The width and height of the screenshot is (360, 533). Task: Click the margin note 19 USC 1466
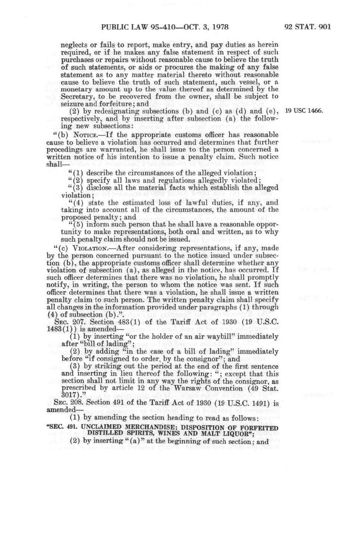[304, 111]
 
